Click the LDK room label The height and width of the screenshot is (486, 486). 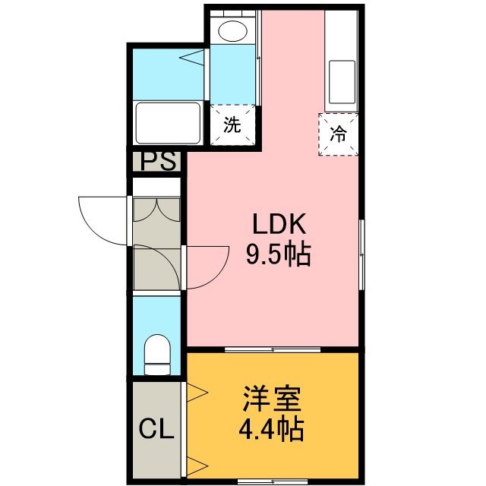[279, 224]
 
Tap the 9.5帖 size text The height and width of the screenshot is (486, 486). [278, 255]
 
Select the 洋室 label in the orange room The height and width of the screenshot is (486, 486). [272, 399]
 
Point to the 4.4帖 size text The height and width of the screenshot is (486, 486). [271, 429]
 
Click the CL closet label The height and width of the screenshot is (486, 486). [156, 428]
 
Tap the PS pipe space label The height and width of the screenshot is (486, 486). [158, 160]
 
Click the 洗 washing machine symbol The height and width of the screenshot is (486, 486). [233, 125]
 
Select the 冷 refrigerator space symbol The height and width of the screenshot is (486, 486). [338, 134]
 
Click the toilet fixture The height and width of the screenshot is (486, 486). [157, 355]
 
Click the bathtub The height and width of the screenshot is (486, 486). [169, 123]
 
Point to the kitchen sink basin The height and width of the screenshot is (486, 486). [342, 82]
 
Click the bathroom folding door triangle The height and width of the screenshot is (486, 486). [192, 58]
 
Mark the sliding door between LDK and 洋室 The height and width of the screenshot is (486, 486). [273, 350]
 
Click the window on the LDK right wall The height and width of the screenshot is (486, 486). [361, 254]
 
